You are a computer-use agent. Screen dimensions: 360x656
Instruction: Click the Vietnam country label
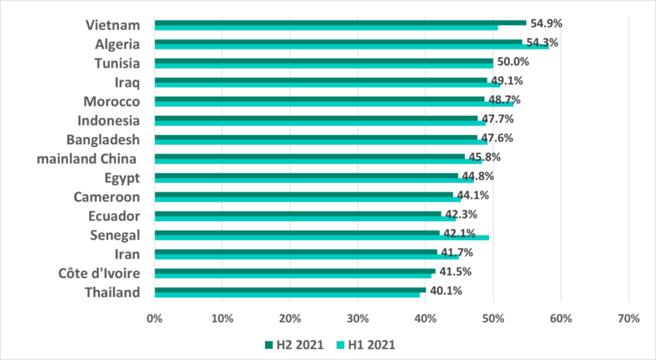pyautogui.click(x=112, y=25)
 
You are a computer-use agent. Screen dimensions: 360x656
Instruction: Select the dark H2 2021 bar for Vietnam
pyautogui.click(x=340, y=22)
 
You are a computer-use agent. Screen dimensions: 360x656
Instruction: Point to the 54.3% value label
pyautogui.click(x=542, y=43)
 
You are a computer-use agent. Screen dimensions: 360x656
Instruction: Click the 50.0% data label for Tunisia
pyautogui.click(x=512, y=62)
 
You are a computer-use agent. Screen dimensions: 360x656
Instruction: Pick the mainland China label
pyautogui.click(x=86, y=158)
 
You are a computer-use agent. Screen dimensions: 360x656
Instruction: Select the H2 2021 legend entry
pyautogui.click(x=294, y=345)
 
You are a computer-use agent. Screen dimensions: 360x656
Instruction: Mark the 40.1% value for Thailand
pyautogui.click(x=445, y=291)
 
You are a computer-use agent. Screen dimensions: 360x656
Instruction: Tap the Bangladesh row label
pyautogui.click(x=103, y=139)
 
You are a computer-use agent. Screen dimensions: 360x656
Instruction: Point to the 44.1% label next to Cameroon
pyautogui.click(x=473, y=195)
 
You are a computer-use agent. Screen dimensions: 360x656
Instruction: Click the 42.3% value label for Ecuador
pyautogui.click(x=460, y=215)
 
